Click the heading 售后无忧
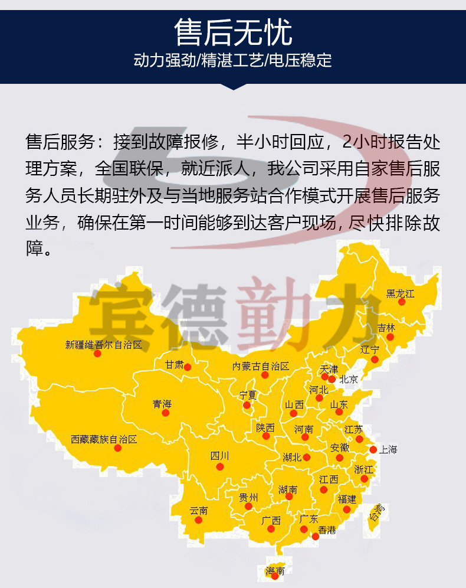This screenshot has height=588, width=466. (233, 32)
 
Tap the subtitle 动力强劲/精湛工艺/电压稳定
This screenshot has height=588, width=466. (233, 60)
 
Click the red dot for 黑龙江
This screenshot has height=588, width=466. (402, 302)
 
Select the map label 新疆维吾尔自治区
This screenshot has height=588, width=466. (104, 345)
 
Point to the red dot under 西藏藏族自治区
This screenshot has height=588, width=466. (118, 448)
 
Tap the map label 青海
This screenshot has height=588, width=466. (162, 404)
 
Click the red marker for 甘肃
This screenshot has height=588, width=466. (188, 367)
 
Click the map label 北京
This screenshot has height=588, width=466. (349, 380)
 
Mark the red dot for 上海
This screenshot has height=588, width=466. (373, 450)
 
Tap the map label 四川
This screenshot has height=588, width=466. (219, 456)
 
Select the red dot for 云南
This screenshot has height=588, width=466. (203, 522)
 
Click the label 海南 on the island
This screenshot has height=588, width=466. (275, 571)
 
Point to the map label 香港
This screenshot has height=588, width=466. (327, 530)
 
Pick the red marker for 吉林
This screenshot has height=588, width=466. (390, 337)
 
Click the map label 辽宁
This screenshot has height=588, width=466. (370, 349)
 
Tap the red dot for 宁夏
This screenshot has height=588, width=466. (247, 405)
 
